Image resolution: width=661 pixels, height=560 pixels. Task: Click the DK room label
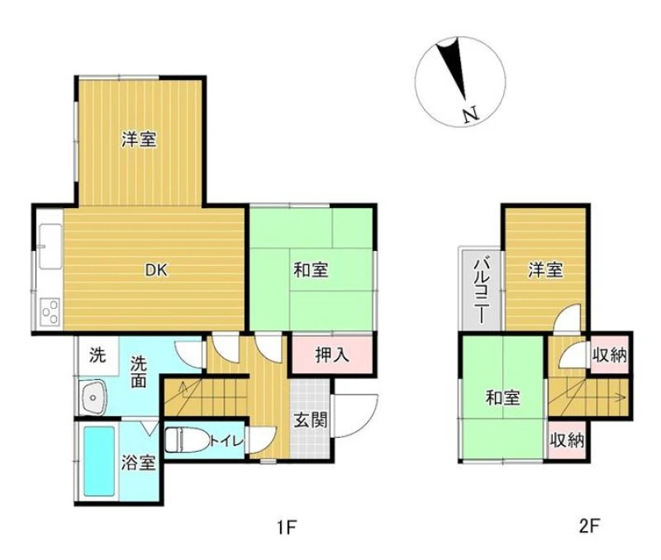tap(156, 270)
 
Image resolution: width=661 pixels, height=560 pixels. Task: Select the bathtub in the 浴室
tap(99, 462)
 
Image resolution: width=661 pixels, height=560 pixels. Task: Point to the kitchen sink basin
tap(50, 246)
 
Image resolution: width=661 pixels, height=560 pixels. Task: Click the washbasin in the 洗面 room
tap(93, 398)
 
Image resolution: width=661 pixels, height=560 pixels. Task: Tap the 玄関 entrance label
tap(311, 420)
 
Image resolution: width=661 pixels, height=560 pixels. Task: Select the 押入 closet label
tap(332, 355)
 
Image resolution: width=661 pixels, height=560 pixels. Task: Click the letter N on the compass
tap(470, 115)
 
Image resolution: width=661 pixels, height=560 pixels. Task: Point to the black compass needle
tap(452, 68)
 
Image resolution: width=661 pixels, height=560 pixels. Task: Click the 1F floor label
tap(288, 527)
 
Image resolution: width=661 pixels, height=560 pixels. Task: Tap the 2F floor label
tap(588, 526)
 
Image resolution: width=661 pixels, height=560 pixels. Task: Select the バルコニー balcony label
tap(481, 292)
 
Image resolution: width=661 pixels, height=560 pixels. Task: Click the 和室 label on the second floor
tap(502, 397)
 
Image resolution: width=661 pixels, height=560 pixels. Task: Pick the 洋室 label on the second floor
tap(545, 270)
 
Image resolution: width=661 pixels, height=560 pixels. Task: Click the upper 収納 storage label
tap(610, 355)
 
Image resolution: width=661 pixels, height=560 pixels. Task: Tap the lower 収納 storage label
tap(567, 441)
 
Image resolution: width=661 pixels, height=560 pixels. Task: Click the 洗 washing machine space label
tap(97, 355)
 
